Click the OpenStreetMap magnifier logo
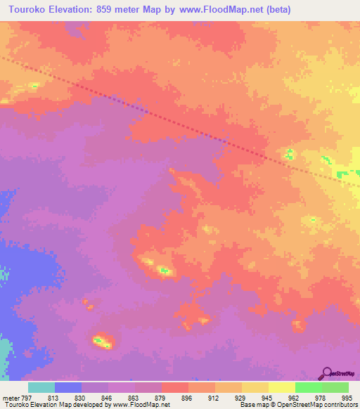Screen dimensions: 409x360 click(327, 372)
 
